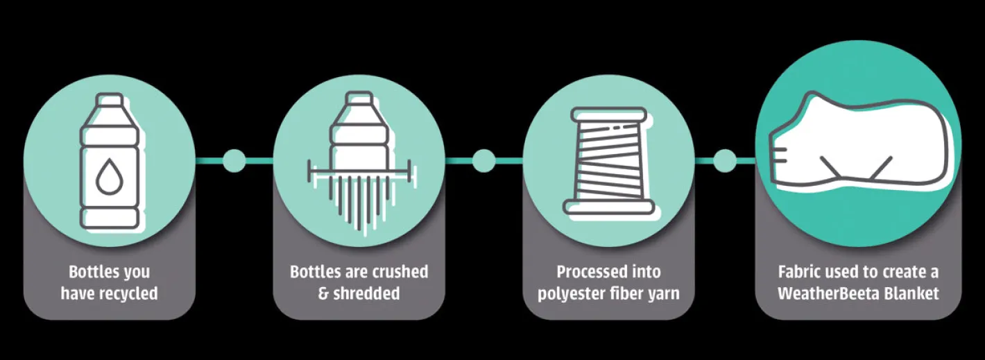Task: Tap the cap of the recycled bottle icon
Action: click(x=109, y=103)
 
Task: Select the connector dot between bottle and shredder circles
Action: click(x=234, y=161)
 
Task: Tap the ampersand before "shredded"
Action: click(x=323, y=293)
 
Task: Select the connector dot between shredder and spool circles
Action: click(x=483, y=161)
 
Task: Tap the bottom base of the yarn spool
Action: click(x=608, y=206)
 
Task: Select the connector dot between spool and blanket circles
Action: click(x=725, y=161)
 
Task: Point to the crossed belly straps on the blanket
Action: click(x=857, y=166)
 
